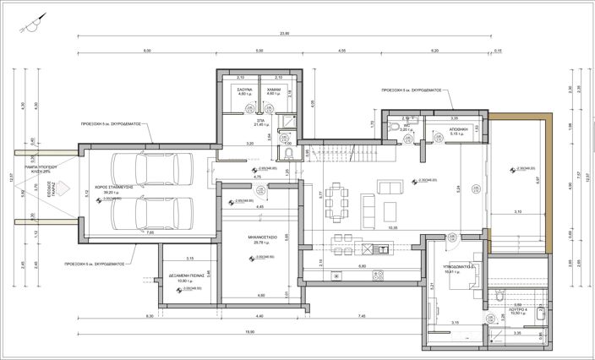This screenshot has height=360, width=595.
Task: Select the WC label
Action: pyautogui.click(x=406, y=128)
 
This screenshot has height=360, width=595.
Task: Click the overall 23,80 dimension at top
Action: pyautogui.click(x=284, y=33)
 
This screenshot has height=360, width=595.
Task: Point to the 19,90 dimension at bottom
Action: pyautogui.click(x=250, y=331)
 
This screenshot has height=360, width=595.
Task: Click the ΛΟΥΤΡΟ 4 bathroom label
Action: pyautogui.click(x=519, y=310)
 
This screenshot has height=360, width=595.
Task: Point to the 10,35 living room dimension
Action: pyautogui.click(x=392, y=227)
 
